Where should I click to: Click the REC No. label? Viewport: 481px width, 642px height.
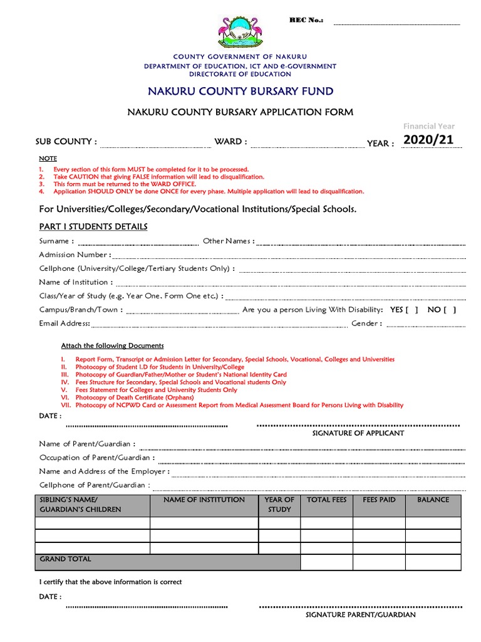(306, 21)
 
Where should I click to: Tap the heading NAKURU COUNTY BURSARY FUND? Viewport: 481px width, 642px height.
(240, 92)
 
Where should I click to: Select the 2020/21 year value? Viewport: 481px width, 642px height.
(428, 140)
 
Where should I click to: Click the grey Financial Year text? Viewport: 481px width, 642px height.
(429, 126)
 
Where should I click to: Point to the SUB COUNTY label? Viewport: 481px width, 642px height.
(66, 142)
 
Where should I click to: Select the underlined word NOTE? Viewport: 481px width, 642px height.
(48, 159)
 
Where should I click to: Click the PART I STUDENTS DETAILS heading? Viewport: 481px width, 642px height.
(93, 226)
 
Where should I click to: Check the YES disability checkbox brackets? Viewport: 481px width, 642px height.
(411, 310)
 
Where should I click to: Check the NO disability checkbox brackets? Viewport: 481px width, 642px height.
(449, 310)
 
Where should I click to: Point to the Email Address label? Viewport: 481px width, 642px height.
(65, 324)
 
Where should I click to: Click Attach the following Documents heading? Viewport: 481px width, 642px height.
(112, 345)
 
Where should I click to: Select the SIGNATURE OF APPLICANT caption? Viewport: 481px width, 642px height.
(358, 433)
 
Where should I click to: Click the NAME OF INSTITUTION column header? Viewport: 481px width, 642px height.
(204, 500)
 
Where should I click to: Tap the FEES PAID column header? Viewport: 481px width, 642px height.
(379, 500)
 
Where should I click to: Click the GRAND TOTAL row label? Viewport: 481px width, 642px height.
(65, 559)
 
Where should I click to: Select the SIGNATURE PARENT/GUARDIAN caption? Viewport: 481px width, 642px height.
(360, 615)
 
